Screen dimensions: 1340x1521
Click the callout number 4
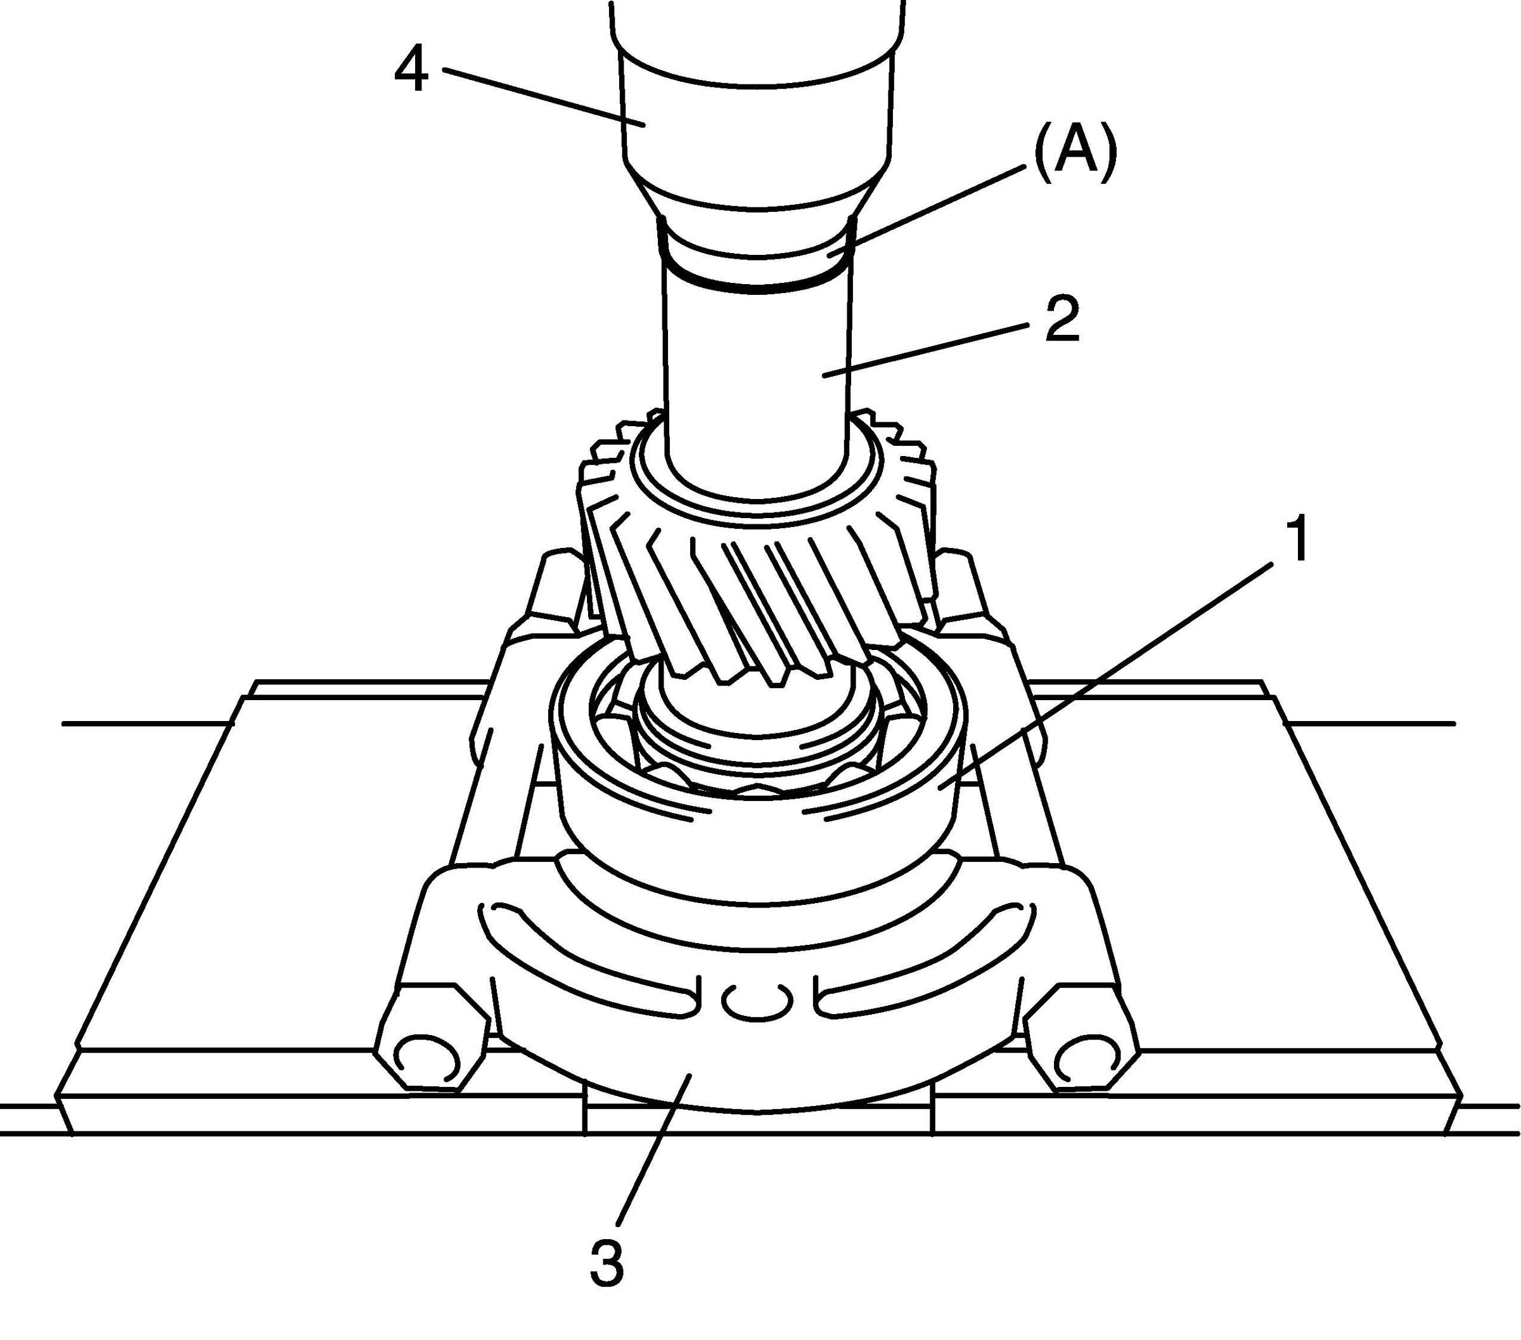(411, 72)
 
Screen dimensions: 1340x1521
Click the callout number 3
(606, 1263)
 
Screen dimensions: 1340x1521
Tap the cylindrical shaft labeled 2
(755, 372)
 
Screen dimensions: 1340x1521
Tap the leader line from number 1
(1116, 670)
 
